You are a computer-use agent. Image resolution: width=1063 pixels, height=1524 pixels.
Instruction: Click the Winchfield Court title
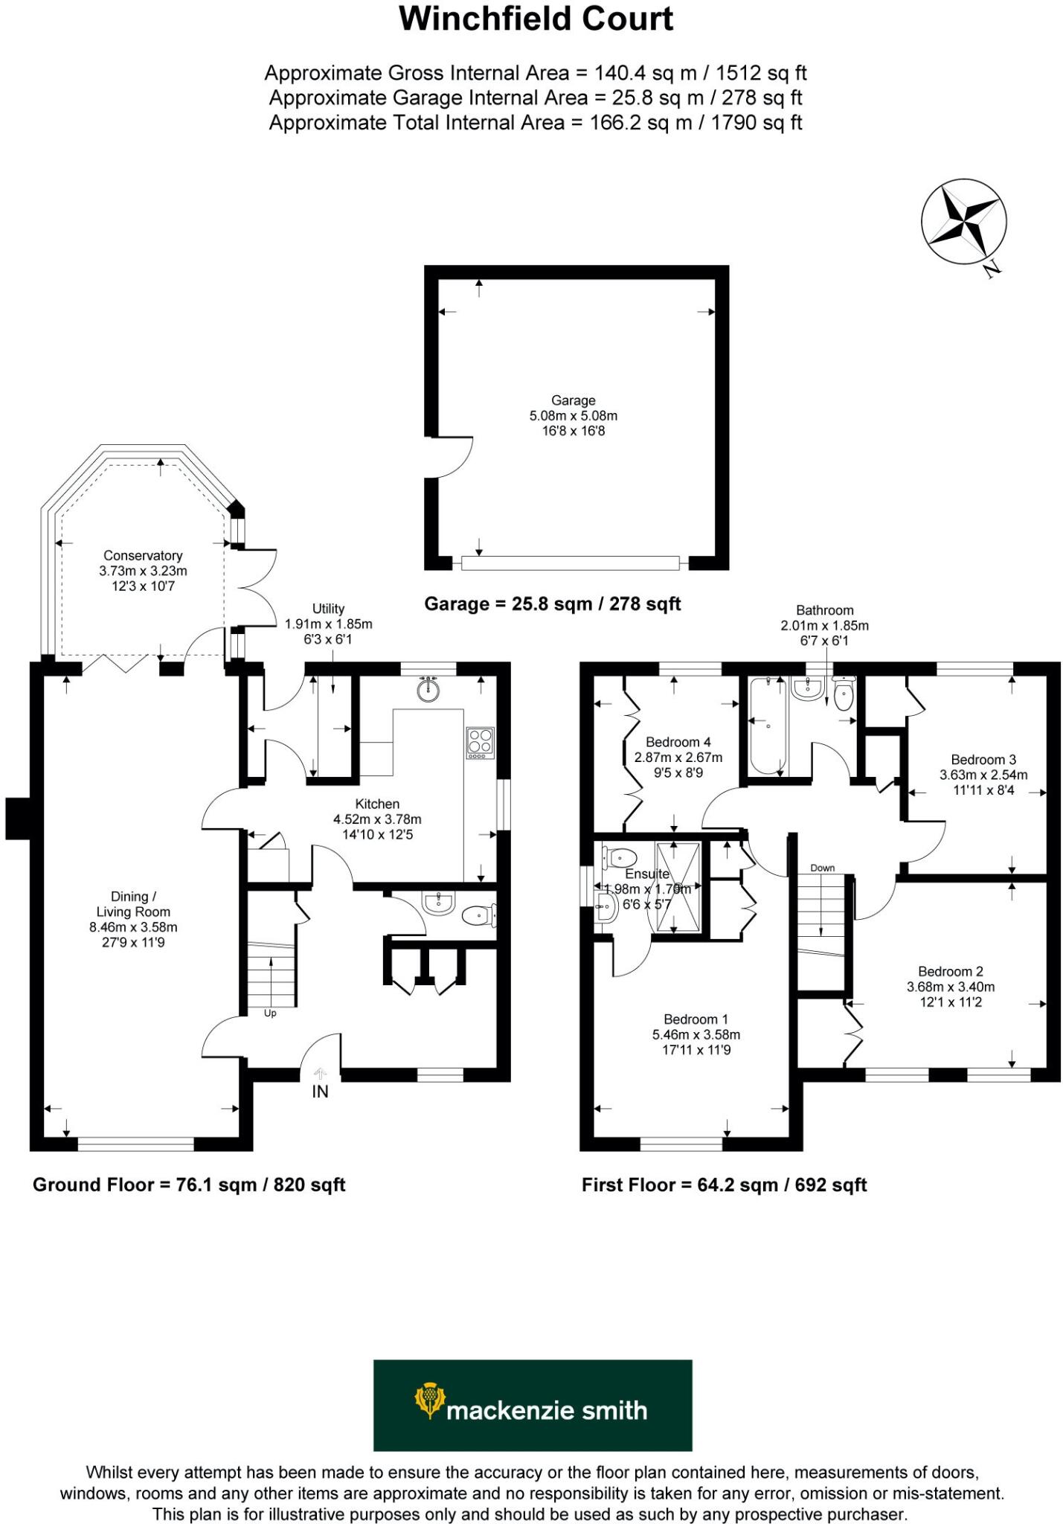(536, 19)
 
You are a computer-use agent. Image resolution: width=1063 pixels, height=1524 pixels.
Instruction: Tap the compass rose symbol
(963, 221)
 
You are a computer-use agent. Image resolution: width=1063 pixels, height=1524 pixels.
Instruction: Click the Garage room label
(573, 400)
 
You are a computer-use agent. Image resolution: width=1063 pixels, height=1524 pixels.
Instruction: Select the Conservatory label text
(143, 556)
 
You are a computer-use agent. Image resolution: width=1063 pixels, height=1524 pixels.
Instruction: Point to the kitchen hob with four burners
(480, 742)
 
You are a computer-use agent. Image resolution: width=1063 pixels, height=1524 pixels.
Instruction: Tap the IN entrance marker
(320, 1092)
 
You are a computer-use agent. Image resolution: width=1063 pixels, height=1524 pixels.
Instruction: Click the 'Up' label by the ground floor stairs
(270, 1014)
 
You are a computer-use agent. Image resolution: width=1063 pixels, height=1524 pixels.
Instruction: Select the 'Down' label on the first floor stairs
(822, 868)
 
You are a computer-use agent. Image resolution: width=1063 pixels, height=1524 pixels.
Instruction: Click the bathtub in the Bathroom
(767, 726)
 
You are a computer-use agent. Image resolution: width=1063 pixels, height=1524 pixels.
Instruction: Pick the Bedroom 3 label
(983, 760)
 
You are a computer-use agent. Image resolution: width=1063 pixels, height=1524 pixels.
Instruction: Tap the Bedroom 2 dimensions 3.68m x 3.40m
(950, 987)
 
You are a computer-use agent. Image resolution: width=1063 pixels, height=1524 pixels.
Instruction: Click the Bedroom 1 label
(696, 1019)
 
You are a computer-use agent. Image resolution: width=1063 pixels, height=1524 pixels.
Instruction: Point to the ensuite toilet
(619, 857)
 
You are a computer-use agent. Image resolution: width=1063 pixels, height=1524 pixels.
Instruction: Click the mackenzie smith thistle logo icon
(429, 1400)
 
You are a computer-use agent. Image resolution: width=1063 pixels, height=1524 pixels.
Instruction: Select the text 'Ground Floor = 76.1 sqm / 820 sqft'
(189, 1185)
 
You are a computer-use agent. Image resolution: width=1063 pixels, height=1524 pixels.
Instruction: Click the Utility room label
(328, 609)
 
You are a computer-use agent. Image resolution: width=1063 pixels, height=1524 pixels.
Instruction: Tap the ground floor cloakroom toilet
(478, 915)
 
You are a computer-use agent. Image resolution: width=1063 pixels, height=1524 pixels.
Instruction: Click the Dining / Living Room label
(133, 904)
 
